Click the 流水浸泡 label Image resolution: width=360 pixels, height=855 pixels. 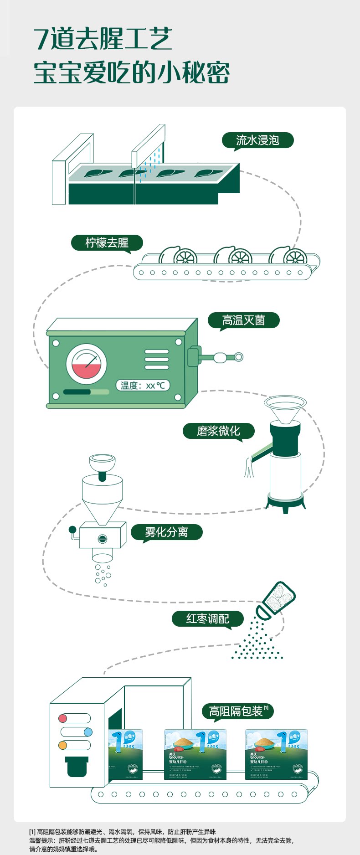(x=257, y=140)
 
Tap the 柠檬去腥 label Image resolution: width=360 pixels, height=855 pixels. (x=107, y=243)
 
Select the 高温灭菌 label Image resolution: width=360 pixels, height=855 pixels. (x=243, y=320)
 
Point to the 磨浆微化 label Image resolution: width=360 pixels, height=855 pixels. (x=218, y=431)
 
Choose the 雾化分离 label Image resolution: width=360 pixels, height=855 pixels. (x=166, y=532)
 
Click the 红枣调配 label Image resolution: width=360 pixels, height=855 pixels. (x=207, y=619)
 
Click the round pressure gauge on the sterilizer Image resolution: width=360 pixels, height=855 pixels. (x=86, y=364)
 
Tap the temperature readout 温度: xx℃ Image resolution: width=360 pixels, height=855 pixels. (x=143, y=386)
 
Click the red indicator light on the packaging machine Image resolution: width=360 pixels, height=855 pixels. (x=63, y=719)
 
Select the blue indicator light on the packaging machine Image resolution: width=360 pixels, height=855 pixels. (x=88, y=732)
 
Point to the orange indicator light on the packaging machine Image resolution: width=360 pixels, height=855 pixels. (x=63, y=746)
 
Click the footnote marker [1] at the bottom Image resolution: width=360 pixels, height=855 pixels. (x=32, y=832)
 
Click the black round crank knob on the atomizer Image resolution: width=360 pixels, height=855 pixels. (x=72, y=529)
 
